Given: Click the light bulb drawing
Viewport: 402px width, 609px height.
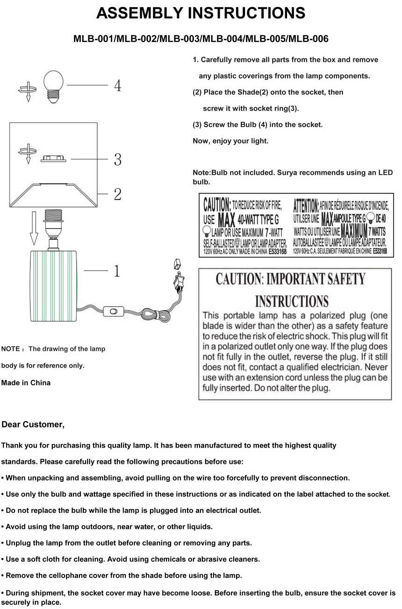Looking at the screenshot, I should coord(53,85).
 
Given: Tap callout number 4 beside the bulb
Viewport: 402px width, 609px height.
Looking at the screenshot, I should coord(118,85).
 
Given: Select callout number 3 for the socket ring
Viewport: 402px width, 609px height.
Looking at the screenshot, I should coord(118,160).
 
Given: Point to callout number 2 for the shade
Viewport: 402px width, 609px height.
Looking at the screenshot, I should coord(118,194).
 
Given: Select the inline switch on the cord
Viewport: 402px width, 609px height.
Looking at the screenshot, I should coord(113,310).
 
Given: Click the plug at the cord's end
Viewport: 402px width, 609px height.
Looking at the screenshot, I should coord(178,280).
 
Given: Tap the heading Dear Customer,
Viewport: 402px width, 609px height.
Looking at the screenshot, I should coord(33,424).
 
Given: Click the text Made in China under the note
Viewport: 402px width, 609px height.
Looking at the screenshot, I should coord(26,383).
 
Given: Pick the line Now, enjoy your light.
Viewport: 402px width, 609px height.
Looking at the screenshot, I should coord(230,141).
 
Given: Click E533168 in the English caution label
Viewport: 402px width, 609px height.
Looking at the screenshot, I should coord(277,251).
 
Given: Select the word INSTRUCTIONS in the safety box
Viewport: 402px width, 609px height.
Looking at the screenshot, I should coord(292,301).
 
